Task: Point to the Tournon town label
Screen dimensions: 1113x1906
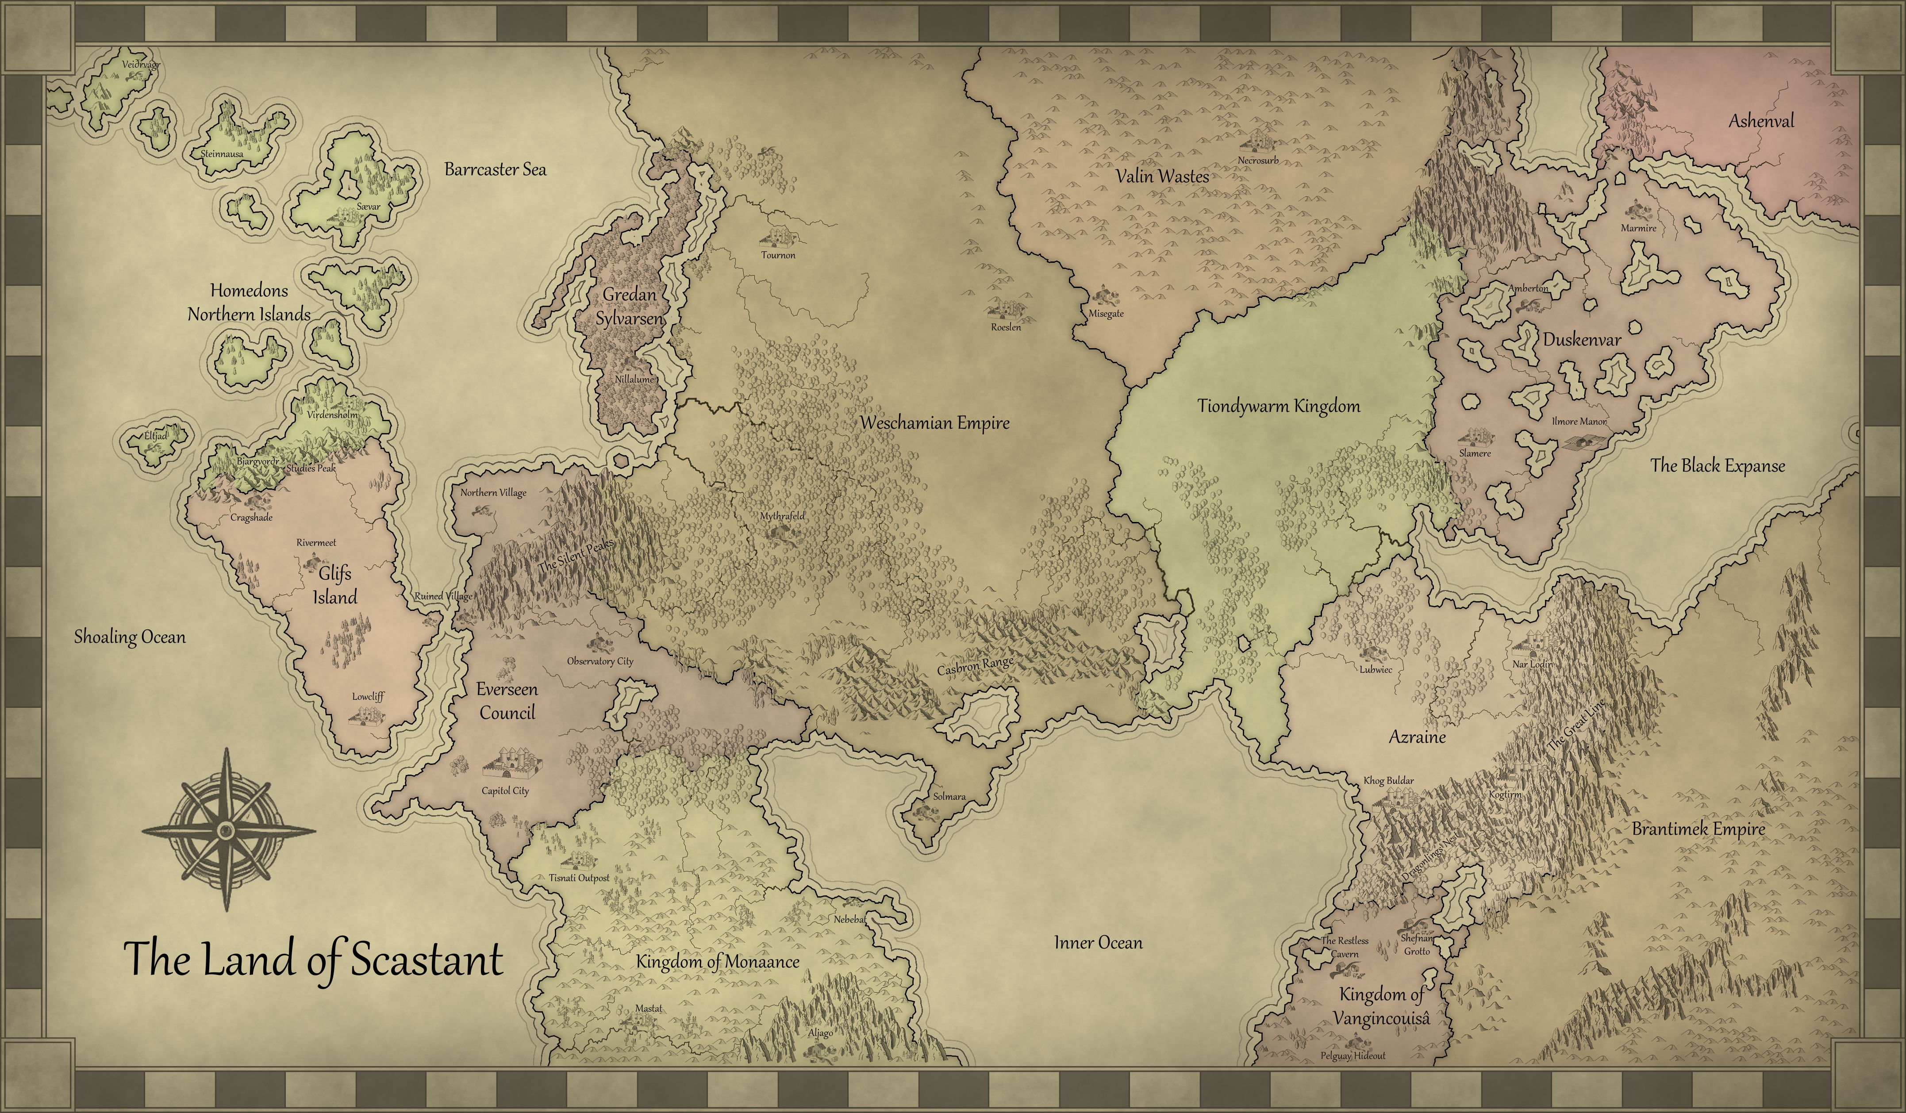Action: click(x=778, y=255)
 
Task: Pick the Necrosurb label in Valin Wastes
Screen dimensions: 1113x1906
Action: click(x=1258, y=160)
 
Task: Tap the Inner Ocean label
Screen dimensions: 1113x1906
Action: click(x=1098, y=943)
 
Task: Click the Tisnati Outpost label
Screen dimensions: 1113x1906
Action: click(x=579, y=878)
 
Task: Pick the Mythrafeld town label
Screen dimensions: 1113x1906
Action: click(x=782, y=516)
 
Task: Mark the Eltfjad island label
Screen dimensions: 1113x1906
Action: click(x=156, y=436)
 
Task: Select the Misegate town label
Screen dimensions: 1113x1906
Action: click(x=1106, y=314)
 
